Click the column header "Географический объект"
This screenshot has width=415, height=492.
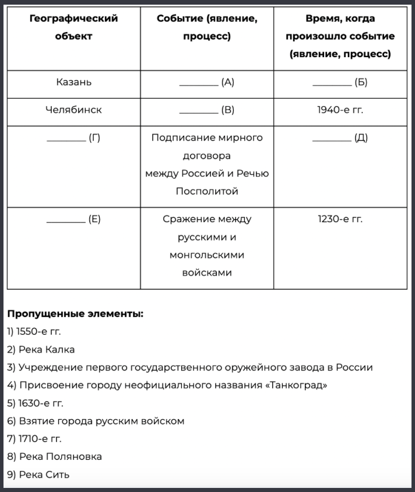click(x=73, y=27)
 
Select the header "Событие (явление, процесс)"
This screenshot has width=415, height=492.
click(x=207, y=27)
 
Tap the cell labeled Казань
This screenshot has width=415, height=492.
click(x=73, y=82)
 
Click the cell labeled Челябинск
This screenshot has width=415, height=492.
click(x=73, y=110)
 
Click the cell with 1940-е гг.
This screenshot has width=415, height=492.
click(x=340, y=110)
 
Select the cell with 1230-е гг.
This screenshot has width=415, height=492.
click(x=340, y=219)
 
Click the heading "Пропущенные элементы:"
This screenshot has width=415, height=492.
click(x=75, y=314)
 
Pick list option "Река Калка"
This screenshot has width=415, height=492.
click(x=41, y=350)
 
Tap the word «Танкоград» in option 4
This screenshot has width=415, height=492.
click(x=296, y=385)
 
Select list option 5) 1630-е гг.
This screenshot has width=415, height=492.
click(x=35, y=403)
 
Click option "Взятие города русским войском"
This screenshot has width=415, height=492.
click(x=96, y=421)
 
